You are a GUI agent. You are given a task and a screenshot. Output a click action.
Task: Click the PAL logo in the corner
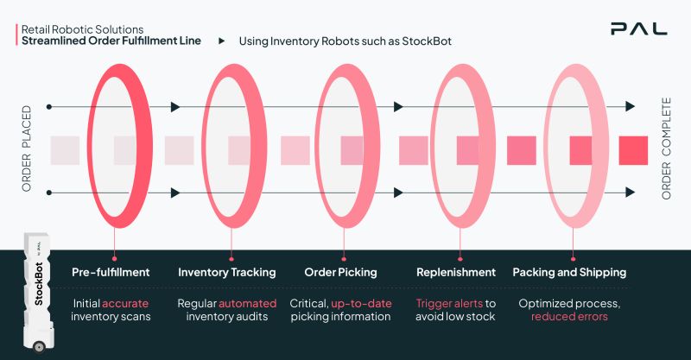coord(638,28)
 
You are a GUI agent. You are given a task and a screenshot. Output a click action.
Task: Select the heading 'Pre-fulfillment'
coord(111,272)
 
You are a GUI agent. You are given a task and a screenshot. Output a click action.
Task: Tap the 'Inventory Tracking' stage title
coord(227,272)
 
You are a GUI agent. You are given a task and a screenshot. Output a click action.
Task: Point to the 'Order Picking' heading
coord(340,272)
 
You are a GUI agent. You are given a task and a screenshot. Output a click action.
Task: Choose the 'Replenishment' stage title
coord(456,272)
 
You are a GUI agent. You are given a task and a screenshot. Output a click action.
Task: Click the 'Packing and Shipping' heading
coord(569,272)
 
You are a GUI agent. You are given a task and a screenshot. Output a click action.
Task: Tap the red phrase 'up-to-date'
coord(361,303)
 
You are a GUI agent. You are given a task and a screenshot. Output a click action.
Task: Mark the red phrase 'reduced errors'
coord(569,317)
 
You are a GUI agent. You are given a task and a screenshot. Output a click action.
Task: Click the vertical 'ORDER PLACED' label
coord(27,148)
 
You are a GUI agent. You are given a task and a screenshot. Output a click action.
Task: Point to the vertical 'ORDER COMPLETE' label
coord(666,148)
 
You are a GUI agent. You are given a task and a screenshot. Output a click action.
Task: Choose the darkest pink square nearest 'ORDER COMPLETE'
coord(633,150)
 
